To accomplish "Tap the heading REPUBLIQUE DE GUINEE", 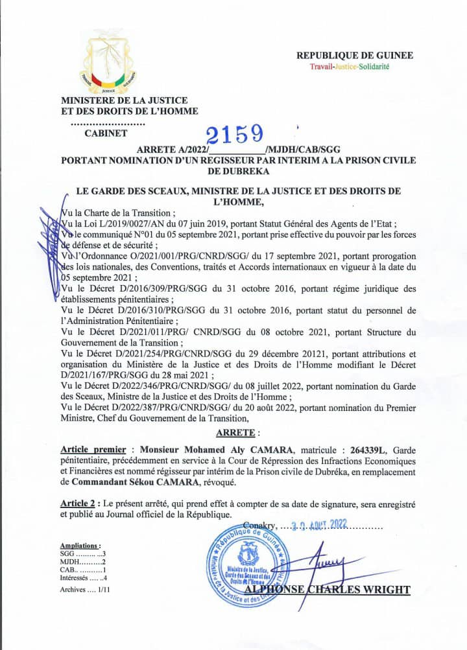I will tap(354, 56).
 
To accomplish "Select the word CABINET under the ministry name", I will tap(106, 134).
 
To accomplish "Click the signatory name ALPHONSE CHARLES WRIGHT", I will tap(328, 590).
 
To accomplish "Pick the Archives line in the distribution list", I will tap(85, 590).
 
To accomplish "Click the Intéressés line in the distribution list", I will tap(83, 577).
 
